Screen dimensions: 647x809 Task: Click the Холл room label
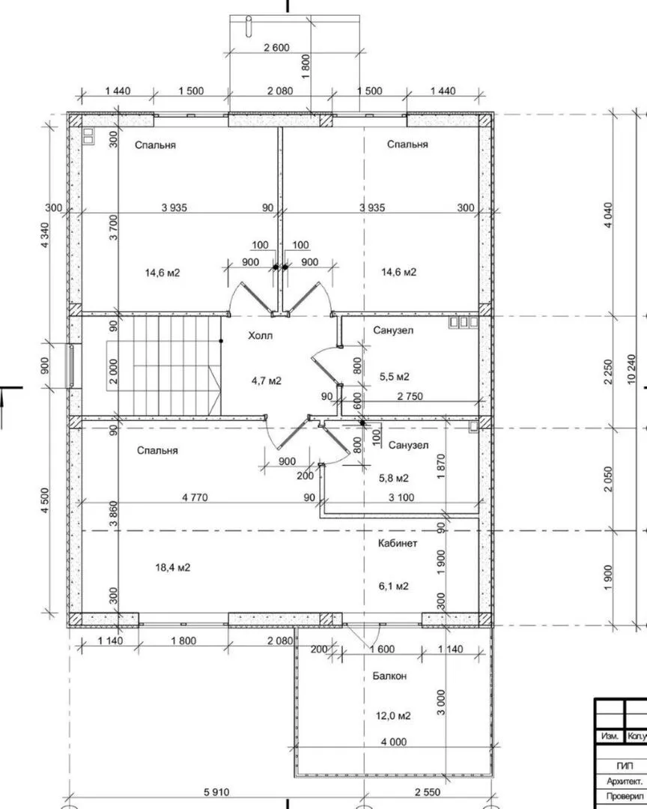260,336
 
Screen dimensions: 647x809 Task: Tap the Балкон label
389,676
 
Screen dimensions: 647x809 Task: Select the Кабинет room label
398,543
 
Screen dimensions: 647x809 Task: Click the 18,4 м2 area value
173,568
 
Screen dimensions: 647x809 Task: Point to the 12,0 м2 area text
393,716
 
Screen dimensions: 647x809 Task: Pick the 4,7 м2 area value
267,381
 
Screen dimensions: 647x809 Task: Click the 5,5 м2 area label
394,377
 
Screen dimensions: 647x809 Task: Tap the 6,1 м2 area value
393,586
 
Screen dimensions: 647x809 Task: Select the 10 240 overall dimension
633,369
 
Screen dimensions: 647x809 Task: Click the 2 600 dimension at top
276,48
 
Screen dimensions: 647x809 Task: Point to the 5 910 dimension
216,792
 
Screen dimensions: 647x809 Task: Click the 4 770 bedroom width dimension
195,498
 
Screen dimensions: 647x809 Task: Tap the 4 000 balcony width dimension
394,742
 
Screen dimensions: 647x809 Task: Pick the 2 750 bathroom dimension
410,397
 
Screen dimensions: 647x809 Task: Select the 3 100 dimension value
401,498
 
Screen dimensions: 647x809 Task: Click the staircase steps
164,366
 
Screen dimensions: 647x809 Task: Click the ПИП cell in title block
624,766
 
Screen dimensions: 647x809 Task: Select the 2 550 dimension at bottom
428,792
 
